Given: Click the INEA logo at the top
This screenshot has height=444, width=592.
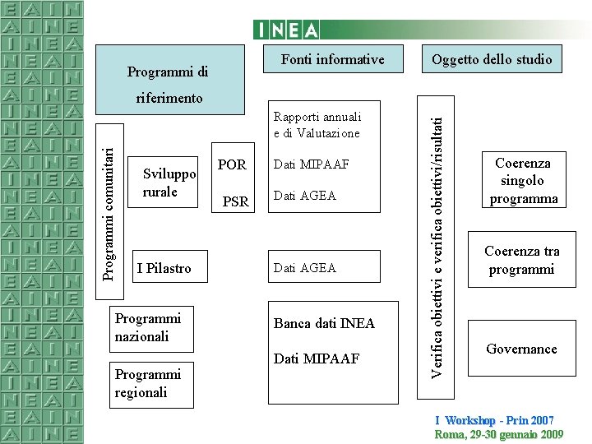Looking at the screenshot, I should (x=286, y=30).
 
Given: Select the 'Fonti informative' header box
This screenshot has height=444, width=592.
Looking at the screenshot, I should (x=332, y=59).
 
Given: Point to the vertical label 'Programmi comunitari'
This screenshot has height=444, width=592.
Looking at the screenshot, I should (x=108, y=201).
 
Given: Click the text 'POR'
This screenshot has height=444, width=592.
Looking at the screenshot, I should (x=232, y=164).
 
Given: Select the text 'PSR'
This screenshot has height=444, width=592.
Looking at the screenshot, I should (x=236, y=201).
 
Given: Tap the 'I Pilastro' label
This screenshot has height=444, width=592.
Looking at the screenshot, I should (x=164, y=268).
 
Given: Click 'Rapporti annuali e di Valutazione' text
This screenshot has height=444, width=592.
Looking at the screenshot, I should (x=317, y=125).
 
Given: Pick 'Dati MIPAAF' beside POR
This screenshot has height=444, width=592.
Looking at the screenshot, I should (x=311, y=164).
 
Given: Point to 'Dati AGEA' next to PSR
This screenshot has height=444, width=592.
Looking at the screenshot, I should (x=305, y=196).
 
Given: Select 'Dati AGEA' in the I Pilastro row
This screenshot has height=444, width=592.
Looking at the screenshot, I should (x=305, y=268).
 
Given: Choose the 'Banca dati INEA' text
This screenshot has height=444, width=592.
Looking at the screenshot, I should (x=324, y=323).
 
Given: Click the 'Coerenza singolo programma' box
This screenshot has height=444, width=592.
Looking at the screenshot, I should (x=523, y=181).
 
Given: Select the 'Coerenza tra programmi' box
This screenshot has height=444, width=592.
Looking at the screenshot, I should (x=521, y=261).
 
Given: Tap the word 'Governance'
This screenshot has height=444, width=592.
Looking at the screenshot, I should (x=521, y=349).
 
